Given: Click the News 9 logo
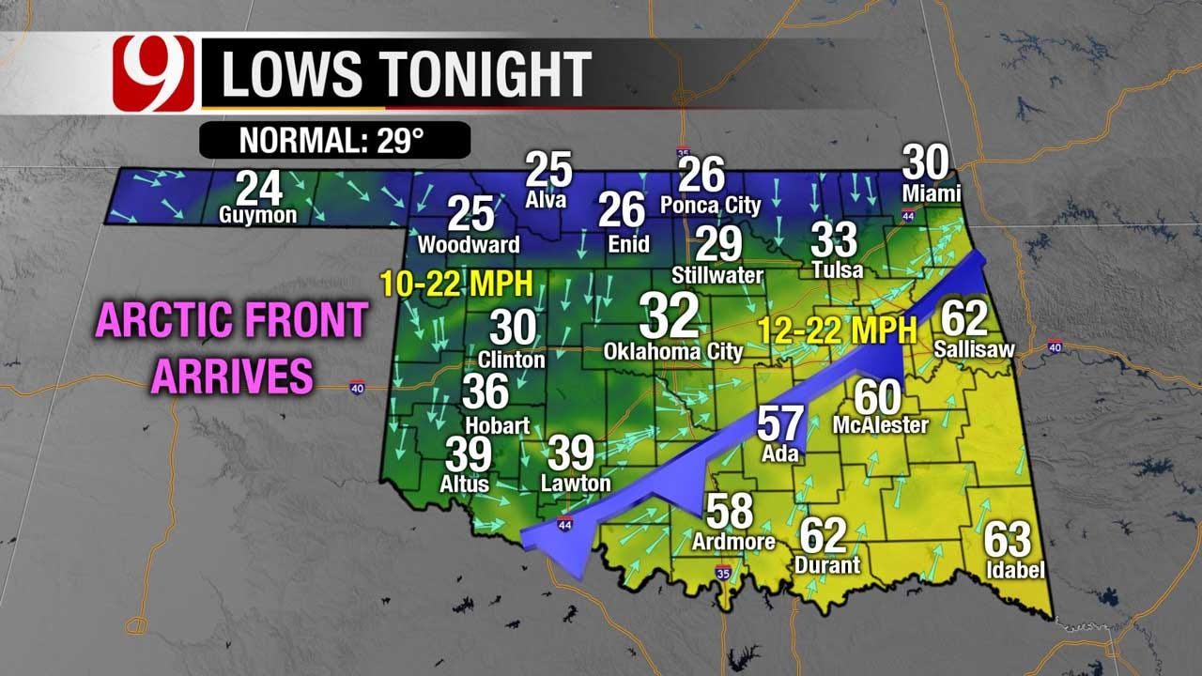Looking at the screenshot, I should pyautogui.click(x=153, y=73).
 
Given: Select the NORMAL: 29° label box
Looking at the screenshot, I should pyautogui.click(x=333, y=141).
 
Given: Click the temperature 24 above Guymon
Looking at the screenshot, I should pyautogui.click(x=258, y=188).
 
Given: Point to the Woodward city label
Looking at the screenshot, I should pyautogui.click(x=469, y=245).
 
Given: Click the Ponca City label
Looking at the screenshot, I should pyautogui.click(x=710, y=204).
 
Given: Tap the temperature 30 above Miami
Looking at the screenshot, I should pyautogui.click(x=926, y=163).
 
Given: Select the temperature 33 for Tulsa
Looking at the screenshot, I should pyautogui.click(x=834, y=239).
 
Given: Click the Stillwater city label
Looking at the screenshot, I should pyautogui.click(x=717, y=276).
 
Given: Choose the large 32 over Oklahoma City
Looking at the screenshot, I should pyautogui.click(x=670, y=315).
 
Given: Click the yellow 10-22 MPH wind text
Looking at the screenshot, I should pyautogui.click(x=456, y=282).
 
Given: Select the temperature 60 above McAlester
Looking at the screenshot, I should pyautogui.click(x=877, y=397).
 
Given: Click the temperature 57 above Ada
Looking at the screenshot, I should pyautogui.click(x=780, y=424).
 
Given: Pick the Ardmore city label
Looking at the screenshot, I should pyautogui.click(x=733, y=542).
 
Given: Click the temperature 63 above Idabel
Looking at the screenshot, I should pyautogui.click(x=1008, y=540).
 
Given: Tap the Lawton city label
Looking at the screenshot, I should pyautogui.click(x=576, y=484).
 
